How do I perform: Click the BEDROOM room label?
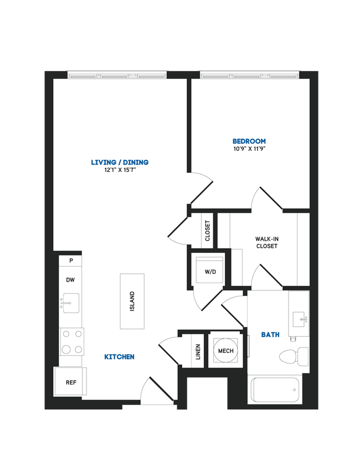pyautogui.click(x=249, y=141)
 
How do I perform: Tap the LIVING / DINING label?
pyautogui.click(x=120, y=162)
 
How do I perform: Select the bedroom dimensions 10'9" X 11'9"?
pyautogui.click(x=249, y=149)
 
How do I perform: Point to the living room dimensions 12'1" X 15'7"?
pyautogui.click(x=120, y=170)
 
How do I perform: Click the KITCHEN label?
pyautogui.click(x=119, y=357)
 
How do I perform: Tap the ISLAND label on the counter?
pyautogui.click(x=132, y=301)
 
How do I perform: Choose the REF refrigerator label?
pyautogui.click(x=71, y=382)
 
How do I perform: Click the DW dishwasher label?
pyautogui.click(x=70, y=280)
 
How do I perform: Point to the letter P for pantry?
pyautogui.click(x=71, y=260)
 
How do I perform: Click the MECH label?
pyautogui.click(x=225, y=351)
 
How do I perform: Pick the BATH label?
pyautogui.click(x=270, y=335)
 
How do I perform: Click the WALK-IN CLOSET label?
pyautogui.click(x=266, y=242)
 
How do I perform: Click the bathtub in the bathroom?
pyautogui.click(x=275, y=390)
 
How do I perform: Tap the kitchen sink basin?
pyautogui.click(x=70, y=303)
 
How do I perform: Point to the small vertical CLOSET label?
pyautogui.click(x=208, y=231)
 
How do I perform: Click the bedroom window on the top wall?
pyautogui.click(x=249, y=74)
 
